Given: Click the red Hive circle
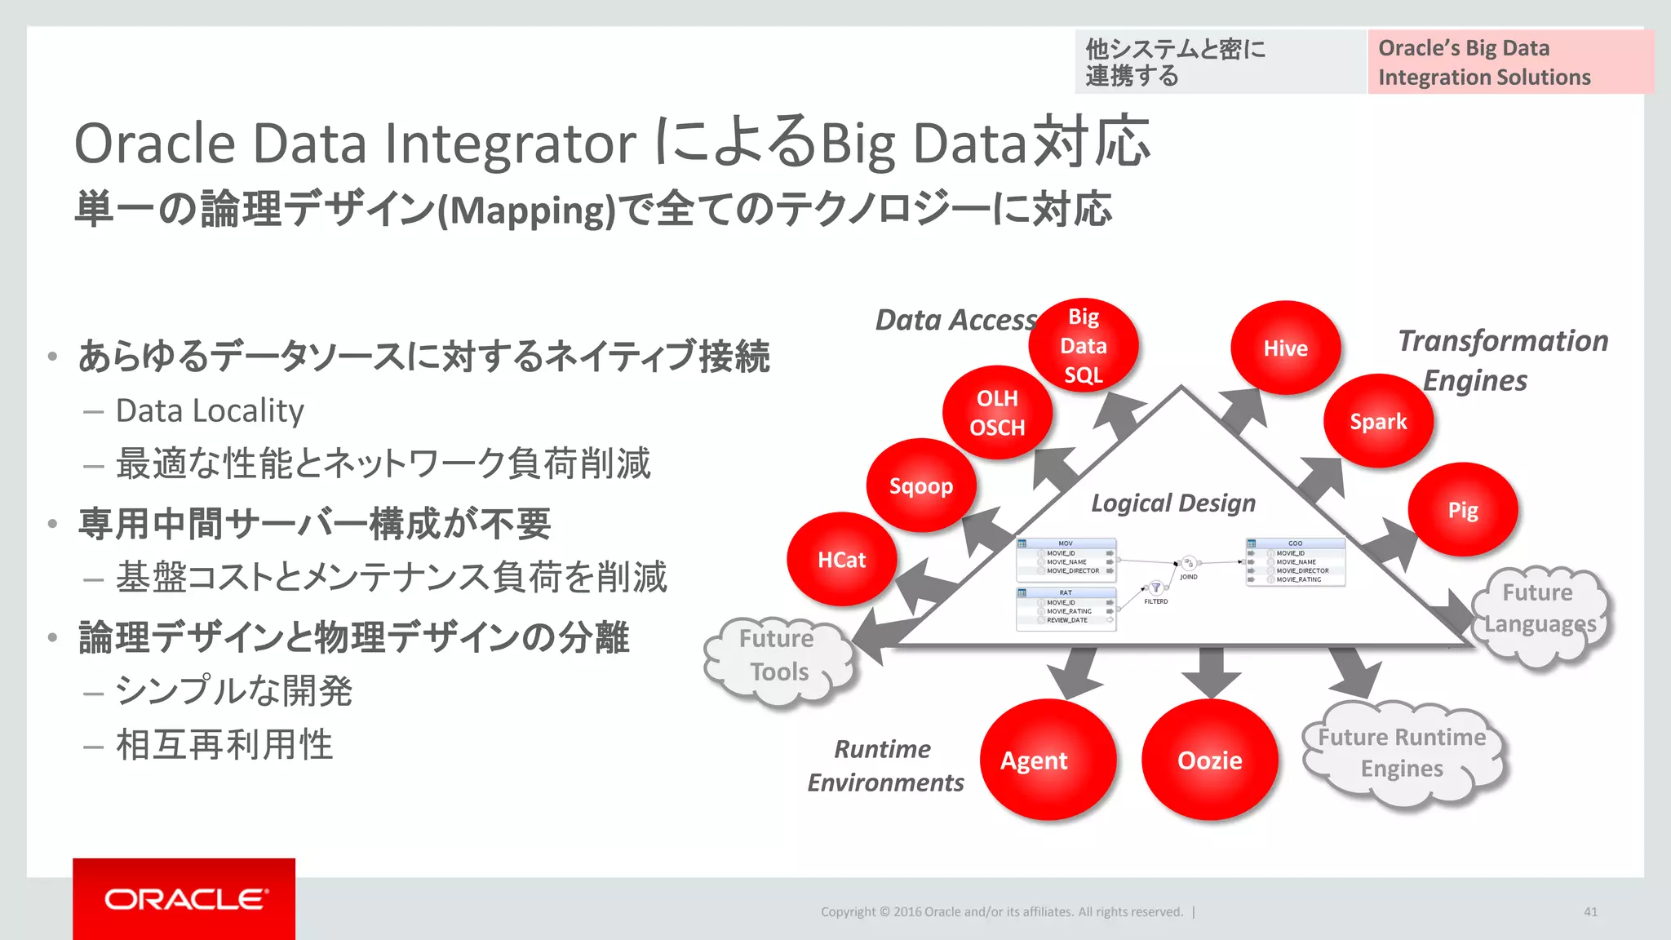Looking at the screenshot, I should (x=1285, y=348).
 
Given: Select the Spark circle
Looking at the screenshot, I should (x=1378, y=421).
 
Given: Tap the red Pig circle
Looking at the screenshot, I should (x=1462, y=510).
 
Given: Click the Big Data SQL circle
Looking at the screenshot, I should (x=1083, y=345).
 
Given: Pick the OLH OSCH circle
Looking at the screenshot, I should (x=997, y=413).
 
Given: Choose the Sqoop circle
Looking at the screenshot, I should (x=921, y=486).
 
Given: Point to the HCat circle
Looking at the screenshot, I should (x=841, y=560).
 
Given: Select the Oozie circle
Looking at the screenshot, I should (x=1209, y=760).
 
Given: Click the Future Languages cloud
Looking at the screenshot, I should (x=1540, y=610).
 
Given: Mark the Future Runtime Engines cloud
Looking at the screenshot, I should (x=1402, y=752).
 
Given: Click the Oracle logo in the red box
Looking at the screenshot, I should (x=184, y=899).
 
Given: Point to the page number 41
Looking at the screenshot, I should (x=1590, y=911).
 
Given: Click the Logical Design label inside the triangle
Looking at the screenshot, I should (x=1173, y=503).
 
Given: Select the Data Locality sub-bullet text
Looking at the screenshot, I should (x=210, y=410).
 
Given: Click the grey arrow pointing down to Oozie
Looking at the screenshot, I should (x=1211, y=671).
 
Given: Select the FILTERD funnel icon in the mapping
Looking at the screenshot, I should (x=1155, y=587).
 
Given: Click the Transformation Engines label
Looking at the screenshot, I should (x=1501, y=360).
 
